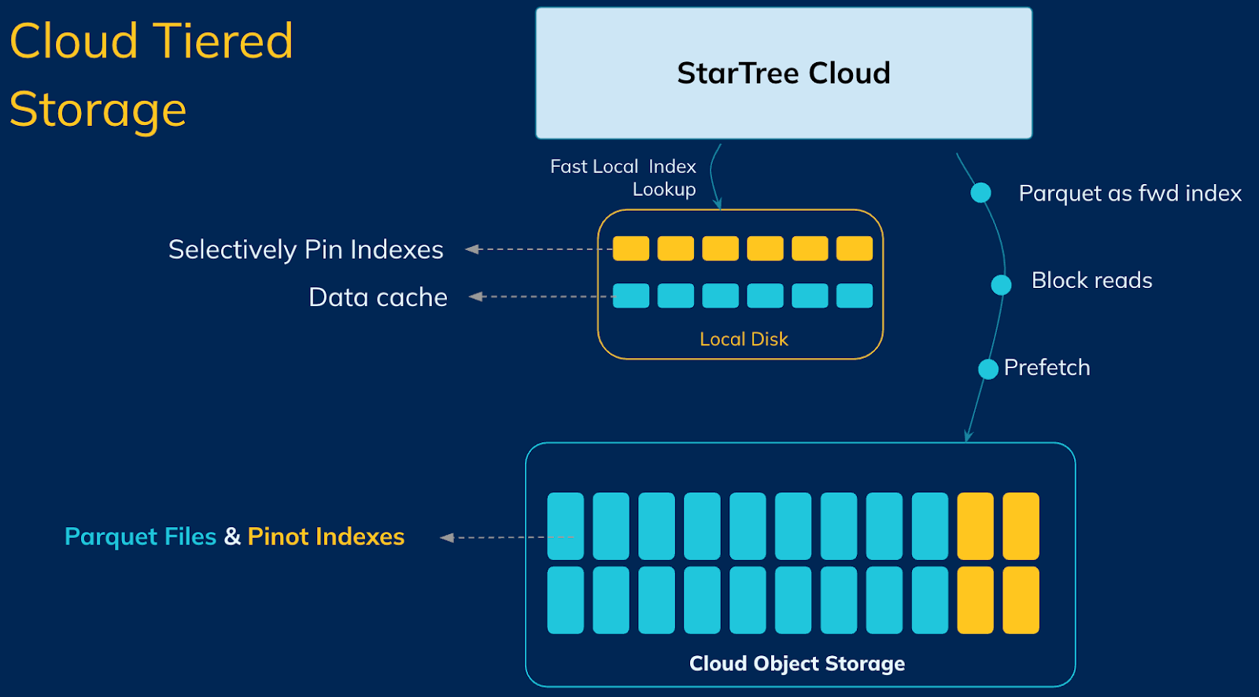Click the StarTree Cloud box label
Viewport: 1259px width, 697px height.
point(783,73)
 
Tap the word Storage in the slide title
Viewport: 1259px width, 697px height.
point(98,109)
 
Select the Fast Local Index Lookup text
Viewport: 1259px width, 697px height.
point(623,178)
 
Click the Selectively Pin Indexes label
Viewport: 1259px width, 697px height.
point(305,249)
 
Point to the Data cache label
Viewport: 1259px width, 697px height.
point(378,297)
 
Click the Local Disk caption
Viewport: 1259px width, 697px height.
point(744,339)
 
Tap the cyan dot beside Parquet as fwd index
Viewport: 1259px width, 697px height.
point(980,193)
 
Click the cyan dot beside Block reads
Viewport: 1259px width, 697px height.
point(1001,285)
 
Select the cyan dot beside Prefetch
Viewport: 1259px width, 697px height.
point(988,369)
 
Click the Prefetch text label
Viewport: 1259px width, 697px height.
point(1047,367)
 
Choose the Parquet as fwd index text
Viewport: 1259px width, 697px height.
point(1130,194)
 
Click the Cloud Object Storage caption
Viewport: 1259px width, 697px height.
point(796,663)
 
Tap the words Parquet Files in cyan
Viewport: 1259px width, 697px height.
point(140,537)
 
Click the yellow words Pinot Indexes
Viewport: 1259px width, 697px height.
point(326,537)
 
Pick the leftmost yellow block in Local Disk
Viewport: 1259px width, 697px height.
point(631,249)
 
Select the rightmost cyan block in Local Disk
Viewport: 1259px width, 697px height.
point(855,296)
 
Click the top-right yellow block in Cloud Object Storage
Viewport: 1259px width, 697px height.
point(1021,526)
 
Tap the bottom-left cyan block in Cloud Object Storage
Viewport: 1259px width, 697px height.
point(565,600)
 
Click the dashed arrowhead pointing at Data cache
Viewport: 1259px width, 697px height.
point(475,297)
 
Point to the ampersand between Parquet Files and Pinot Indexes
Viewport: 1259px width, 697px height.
point(232,537)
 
